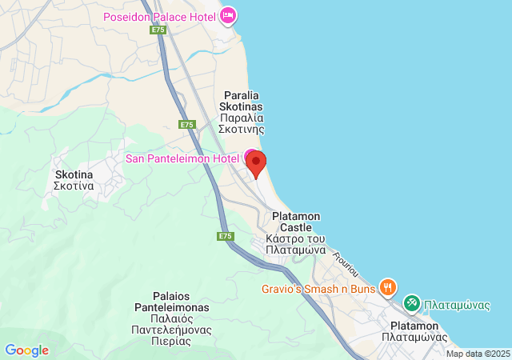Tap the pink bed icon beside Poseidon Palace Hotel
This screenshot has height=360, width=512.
[229, 14]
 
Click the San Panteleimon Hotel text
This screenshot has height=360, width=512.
[182, 158]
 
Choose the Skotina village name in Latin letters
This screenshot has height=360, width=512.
[74, 174]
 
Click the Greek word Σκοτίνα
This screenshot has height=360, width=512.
[74, 186]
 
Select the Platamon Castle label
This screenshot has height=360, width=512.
[296, 216]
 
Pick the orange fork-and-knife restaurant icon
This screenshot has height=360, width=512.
[388, 286]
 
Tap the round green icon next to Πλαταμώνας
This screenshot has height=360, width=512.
[412, 303]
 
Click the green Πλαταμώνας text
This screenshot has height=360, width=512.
[452, 303]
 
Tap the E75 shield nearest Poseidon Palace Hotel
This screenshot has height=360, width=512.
[157, 30]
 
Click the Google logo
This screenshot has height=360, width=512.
[26, 350]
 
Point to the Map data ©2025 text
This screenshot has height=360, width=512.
[478, 354]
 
